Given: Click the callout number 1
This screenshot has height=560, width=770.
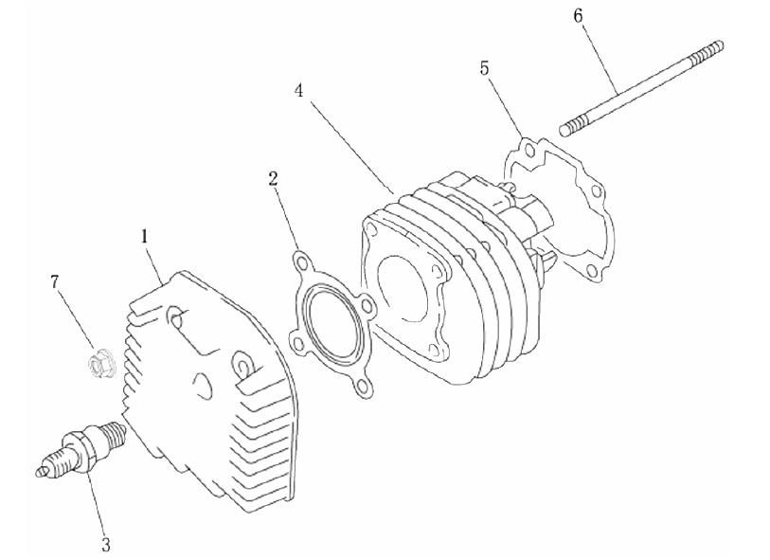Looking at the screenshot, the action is click(144, 237).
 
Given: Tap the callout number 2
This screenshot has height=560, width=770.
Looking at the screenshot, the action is click(273, 179).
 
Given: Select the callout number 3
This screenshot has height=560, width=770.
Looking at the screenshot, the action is click(105, 544).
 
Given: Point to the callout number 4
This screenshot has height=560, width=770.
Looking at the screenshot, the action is click(299, 91).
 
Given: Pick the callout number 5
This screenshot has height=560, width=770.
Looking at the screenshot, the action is click(485, 68).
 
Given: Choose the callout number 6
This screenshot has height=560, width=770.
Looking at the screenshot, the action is click(578, 16).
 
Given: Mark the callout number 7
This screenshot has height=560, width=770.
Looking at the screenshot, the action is click(55, 281).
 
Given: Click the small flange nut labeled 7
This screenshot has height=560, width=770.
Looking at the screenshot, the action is click(100, 364).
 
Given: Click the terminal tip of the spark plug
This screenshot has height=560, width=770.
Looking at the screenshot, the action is click(42, 472).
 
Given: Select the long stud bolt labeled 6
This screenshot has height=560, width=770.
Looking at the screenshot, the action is click(641, 88).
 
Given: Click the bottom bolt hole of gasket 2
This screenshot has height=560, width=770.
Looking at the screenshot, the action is click(363, 388).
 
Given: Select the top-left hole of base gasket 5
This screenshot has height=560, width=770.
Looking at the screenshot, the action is click(528, 150).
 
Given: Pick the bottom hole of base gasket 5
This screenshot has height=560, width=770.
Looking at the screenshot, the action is click(592, 271).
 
